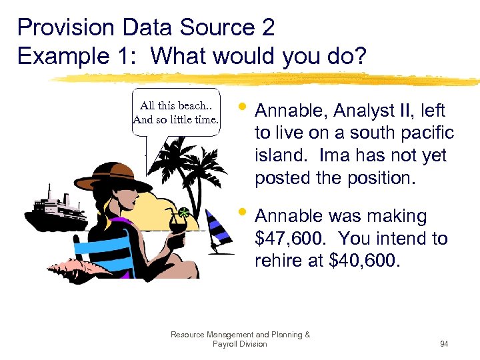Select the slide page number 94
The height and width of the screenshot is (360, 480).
coord(443,344)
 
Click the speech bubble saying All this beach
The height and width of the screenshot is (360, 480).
coord(176,113)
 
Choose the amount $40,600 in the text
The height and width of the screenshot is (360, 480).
coord(365,261)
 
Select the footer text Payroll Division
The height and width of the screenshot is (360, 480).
coord(239,344)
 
